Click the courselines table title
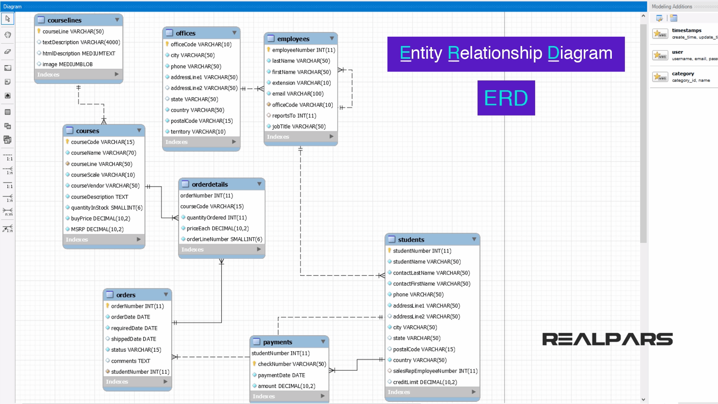[x=64, y=20]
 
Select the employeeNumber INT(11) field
[x=303, y=50]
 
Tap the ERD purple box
[x=506, y=98]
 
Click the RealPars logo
[x=607, y=339]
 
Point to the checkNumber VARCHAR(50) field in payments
[x=292, y=364]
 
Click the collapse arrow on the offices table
[x=234, y=33]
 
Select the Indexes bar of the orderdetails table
[x=221, y=250]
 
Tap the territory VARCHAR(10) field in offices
[x=198, y=132]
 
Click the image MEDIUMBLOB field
[x=67, y=64]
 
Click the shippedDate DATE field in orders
[x=134, y=339]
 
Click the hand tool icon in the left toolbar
[x=7, y=35]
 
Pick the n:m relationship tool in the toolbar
[x=8, y=211]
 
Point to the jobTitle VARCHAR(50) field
[x=299, y=126]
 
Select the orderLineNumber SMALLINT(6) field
[x=224, y=239]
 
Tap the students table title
[x=411, y=240]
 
